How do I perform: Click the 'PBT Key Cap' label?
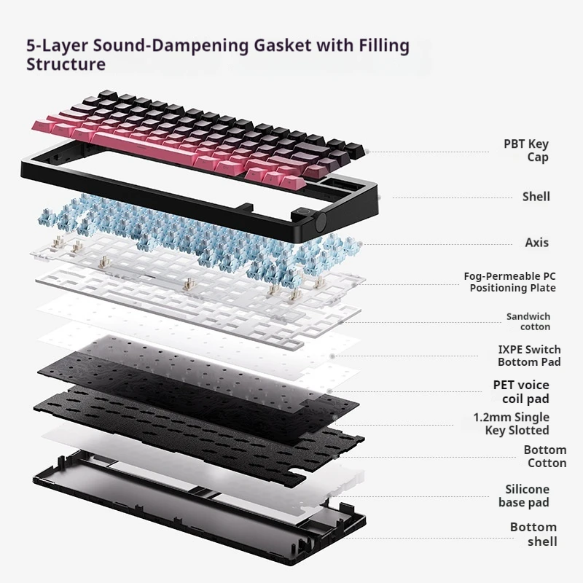click(526, 151)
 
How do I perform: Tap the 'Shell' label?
click(536, 196)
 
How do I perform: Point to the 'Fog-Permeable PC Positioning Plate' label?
click(509, 282)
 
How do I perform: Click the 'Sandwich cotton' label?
click(528, 321)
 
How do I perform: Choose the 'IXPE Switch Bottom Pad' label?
click(529, 356)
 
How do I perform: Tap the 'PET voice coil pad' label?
click(521, 391)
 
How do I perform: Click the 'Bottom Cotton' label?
click(544, 456)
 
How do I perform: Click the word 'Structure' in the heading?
click(66, 64)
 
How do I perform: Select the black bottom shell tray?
click(197, 503)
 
